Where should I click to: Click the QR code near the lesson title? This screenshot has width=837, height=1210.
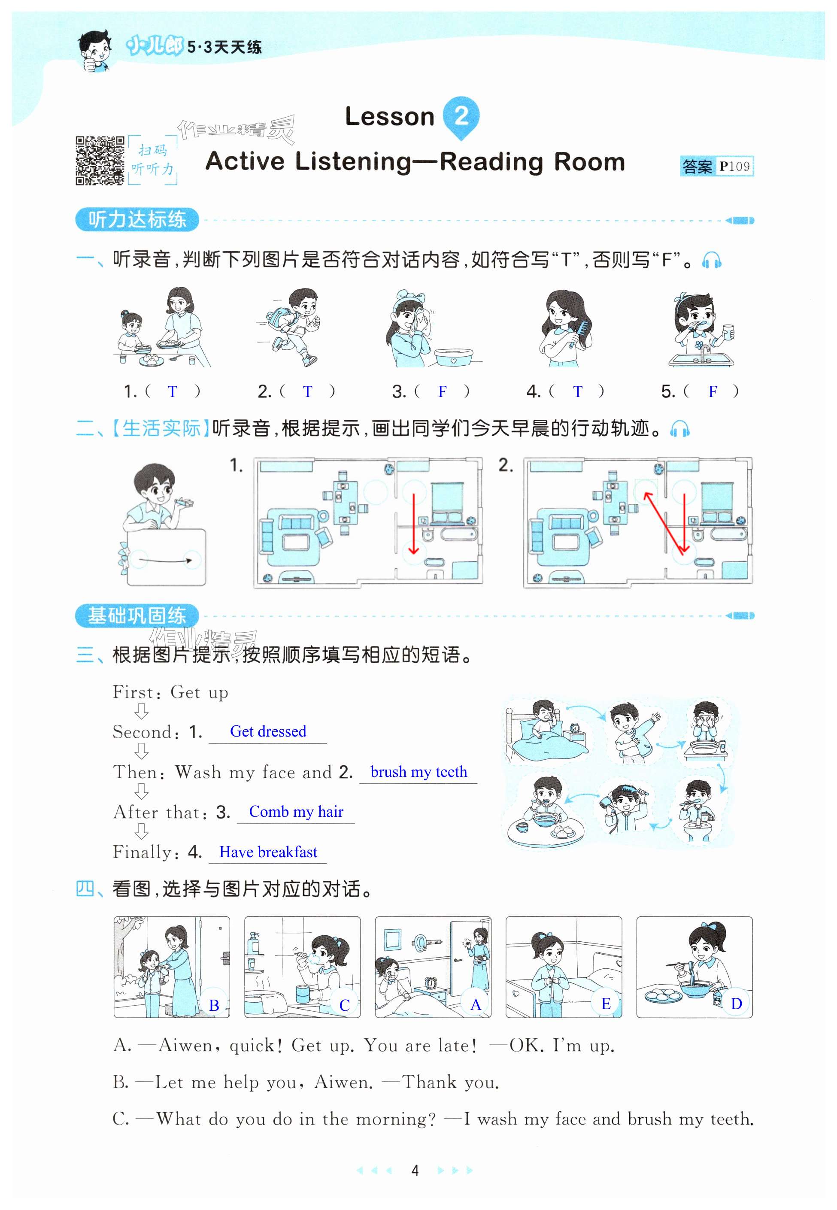tap(100, 161)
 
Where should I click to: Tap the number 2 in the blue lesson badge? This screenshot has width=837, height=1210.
tap(461, 115)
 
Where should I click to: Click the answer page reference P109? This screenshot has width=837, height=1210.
tap(734, 166)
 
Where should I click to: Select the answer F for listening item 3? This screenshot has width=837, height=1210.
tap(443, 391)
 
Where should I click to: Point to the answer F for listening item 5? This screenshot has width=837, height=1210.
tap(712, 391)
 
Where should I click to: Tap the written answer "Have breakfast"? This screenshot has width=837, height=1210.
tap(268, 852)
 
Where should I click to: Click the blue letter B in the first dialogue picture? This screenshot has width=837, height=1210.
tap(213, 1005)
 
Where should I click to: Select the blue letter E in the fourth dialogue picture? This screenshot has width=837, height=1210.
tap(606, 1004)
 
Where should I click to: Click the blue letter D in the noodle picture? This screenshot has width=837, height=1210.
tap(736, 1004)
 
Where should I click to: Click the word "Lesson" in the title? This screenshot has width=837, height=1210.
tap(390, 116)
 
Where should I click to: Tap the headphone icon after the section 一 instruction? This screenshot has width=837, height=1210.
tap(712, 260)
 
